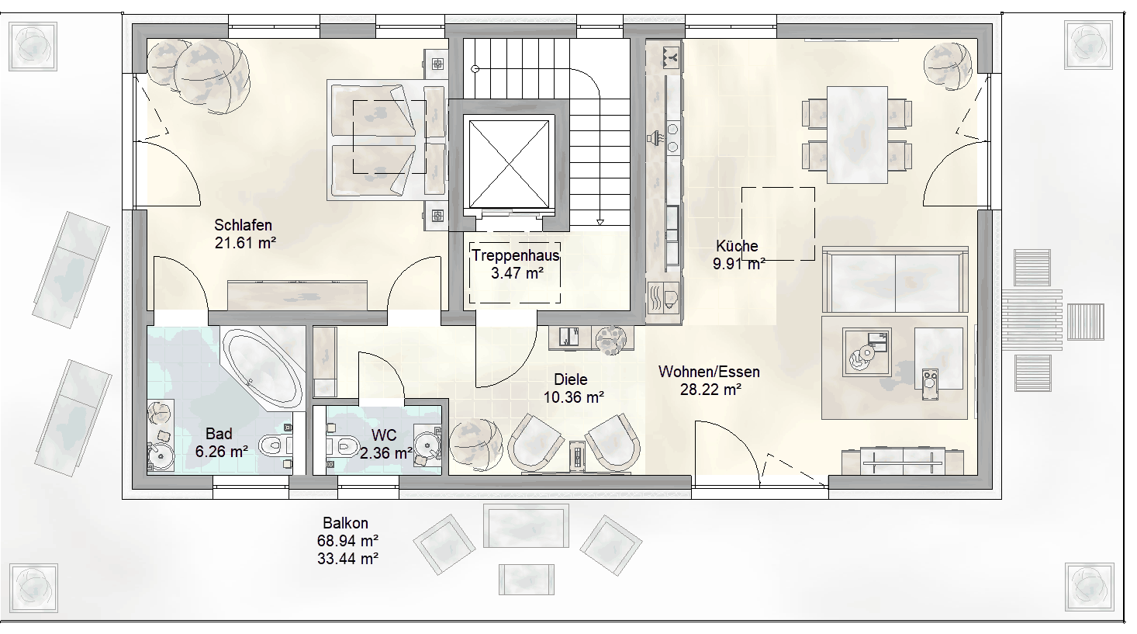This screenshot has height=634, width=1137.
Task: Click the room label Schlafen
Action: [x=243, y=225]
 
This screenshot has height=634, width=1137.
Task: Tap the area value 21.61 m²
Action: [x=245, y=243]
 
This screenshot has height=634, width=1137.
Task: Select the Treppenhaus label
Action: [x=516, y=255]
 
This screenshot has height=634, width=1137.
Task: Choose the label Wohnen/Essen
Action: [x=709, y=372]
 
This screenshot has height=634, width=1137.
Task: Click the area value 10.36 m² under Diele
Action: [x=574, y=397]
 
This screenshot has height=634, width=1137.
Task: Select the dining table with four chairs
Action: [x=857, y=134]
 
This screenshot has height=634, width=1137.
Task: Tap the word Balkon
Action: [x=346, y=523]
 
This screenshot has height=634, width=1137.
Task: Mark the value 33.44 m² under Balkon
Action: [x=347, y=558]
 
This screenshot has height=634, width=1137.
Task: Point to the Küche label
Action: [x=737, y=246]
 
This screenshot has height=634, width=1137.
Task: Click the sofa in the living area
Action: [x=895, y=279]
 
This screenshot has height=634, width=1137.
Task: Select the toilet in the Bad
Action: [x=275, y=445]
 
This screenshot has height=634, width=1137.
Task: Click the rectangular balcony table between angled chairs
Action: [x=526, y=526]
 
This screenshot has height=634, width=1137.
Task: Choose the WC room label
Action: [x=384, y=435]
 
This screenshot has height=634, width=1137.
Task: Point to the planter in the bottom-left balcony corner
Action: [x=33, y=588]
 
